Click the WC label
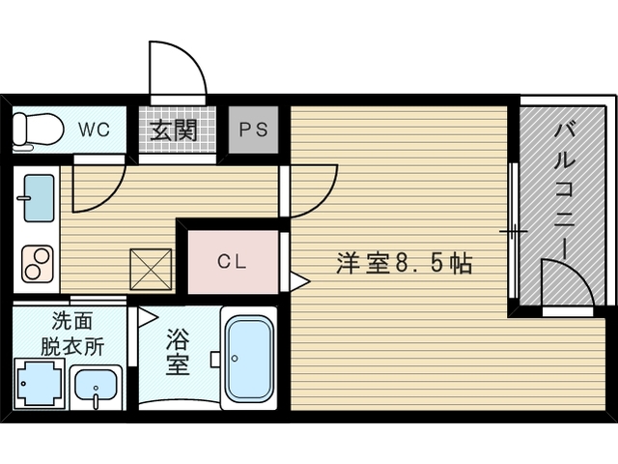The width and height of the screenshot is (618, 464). (x=94, y=130)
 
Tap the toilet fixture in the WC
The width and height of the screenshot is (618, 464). (x=39, y=131)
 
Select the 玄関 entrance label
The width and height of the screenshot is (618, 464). (x=174, y=130)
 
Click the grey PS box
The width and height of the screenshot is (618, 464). (x=254, y=130)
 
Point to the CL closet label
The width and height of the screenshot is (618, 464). (x=232, y=261)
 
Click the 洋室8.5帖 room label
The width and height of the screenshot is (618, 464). (x=405, y=263)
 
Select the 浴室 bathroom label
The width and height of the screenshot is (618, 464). (x=178, y=352)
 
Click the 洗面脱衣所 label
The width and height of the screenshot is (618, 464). (x=73, y=333)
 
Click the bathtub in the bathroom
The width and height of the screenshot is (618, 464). (x=250, y=359)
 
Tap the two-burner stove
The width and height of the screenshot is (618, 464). (x=38, y=264)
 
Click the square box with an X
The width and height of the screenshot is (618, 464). (x=151, y=270)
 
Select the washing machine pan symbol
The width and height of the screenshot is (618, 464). (x=39, y=383)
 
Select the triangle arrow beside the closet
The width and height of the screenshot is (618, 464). (x=300, y=281)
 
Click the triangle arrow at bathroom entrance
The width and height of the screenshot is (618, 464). (x=148, y=318)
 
